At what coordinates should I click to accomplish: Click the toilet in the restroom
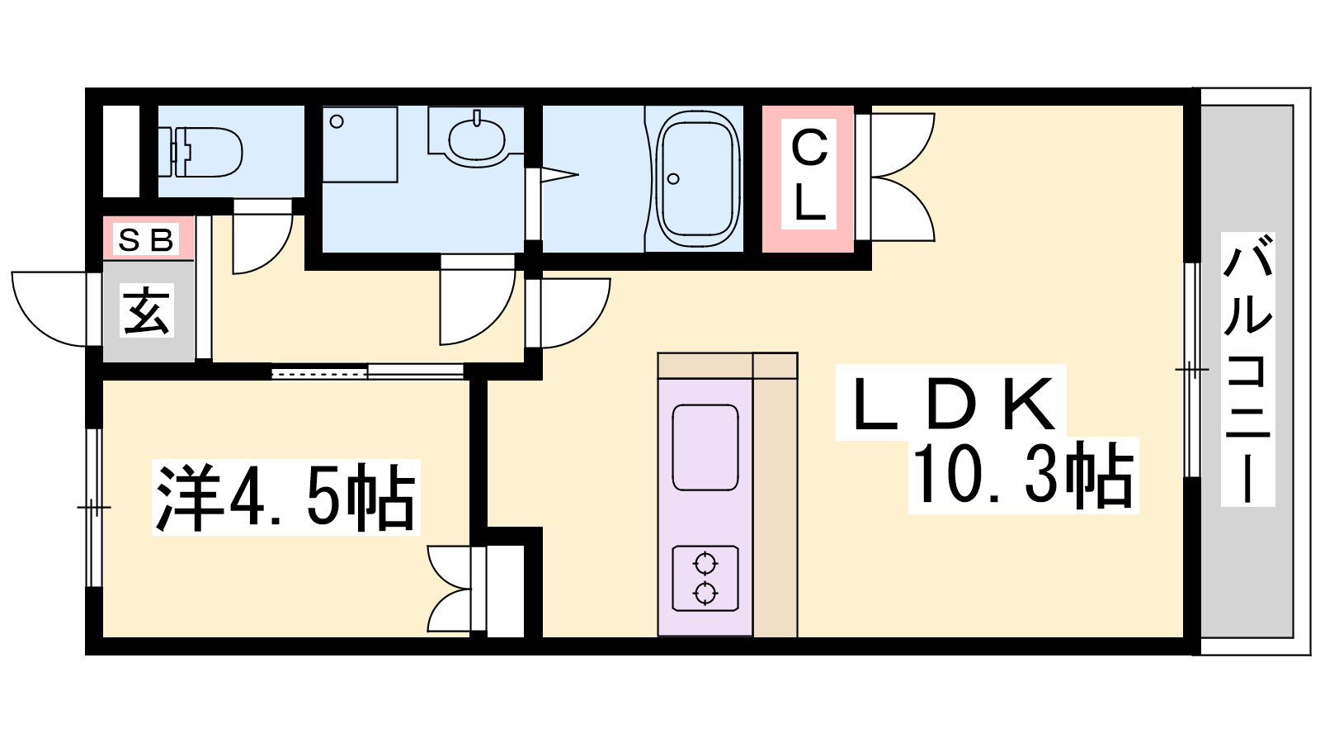(205, 152)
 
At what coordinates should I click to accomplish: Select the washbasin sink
(476, 140)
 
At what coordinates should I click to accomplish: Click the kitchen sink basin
(705, 447)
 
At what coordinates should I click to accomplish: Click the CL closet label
(809, 174)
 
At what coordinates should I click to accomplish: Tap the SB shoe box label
(145, 239)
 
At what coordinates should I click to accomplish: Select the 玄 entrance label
(146, 310)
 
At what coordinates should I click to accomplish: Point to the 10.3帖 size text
(1023, 476)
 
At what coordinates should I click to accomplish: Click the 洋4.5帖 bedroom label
(285, 497)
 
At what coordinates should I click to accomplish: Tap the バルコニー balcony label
(1247, 369)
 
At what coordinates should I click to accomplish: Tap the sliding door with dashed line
(320, 373)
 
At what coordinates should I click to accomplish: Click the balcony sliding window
(1192, 369)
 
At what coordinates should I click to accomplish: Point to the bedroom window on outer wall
(94, 508)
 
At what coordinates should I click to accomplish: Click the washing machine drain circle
(337, 122)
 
